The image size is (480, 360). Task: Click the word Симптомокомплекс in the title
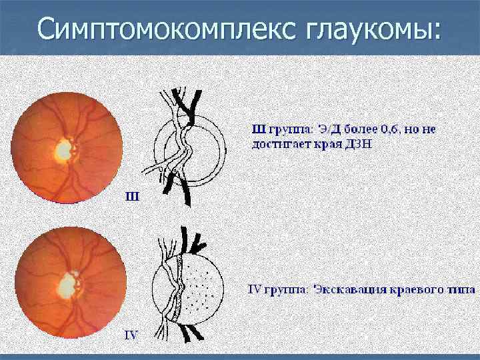pyautogui.click(x=157, y=29)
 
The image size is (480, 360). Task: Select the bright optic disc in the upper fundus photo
pyautogui.click(x=64, y=149)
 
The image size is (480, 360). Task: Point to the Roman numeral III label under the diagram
pyautogui.click(x=132, y=197)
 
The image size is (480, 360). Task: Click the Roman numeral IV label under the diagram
pyautogui.click(x=132, y=335)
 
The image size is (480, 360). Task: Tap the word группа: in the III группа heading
pyautogui.click(x=282, y=129)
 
